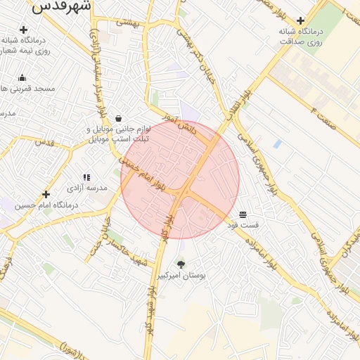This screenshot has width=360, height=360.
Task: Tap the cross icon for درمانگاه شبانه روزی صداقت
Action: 301,20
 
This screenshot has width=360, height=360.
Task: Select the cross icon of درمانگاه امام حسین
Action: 46,194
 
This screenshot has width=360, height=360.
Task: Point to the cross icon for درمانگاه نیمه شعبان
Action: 24,30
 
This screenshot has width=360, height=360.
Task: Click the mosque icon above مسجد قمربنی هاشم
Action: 22,78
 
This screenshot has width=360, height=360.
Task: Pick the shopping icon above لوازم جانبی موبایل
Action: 117,119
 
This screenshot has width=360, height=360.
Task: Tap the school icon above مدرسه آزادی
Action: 86,178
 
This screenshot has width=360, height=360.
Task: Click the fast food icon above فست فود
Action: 243,214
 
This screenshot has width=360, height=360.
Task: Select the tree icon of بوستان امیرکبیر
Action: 181,264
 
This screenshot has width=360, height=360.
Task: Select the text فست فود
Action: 243,225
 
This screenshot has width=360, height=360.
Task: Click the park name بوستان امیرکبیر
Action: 182,276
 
